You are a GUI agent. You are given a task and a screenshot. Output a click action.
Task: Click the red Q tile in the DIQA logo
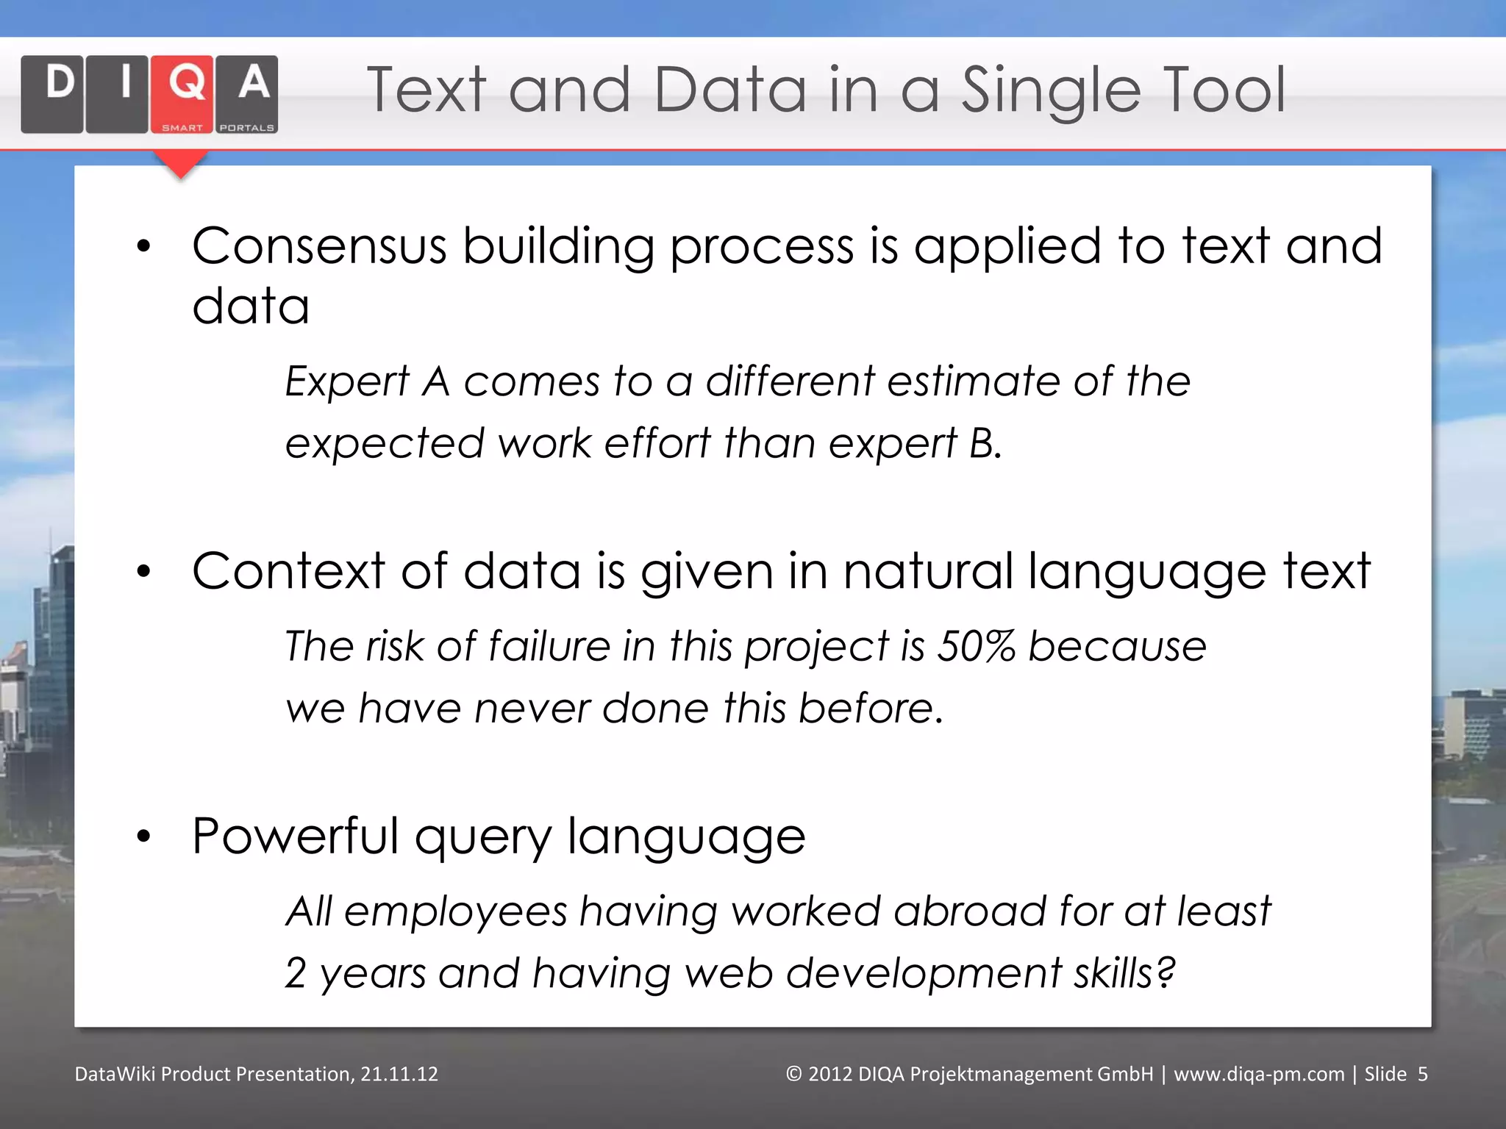tap(182, 93)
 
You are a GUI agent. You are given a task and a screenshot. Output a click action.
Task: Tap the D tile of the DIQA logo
tap(52, 93)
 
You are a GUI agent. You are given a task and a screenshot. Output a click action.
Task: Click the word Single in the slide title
tap(1051, 91)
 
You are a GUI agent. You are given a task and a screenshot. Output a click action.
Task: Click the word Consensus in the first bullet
tap(319, 246)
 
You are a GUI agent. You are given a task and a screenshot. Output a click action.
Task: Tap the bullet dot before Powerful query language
tap(143, 836)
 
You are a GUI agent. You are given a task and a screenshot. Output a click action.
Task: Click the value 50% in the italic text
tap(976, 647)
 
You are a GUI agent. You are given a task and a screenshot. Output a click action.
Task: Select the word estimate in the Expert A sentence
tap(974, 381)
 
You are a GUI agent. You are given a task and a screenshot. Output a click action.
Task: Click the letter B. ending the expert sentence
tap(985, 443)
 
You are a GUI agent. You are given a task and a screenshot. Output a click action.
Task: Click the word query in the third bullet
tap(482, 838)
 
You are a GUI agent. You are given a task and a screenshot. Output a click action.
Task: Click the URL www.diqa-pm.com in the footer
tap(1259, 1074)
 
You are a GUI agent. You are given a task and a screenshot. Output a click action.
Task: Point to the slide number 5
tap(1423, 1074)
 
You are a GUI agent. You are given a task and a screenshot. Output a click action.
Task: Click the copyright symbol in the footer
tap(793, 1074)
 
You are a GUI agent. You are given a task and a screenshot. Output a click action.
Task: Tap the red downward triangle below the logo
tap(180, 163)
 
